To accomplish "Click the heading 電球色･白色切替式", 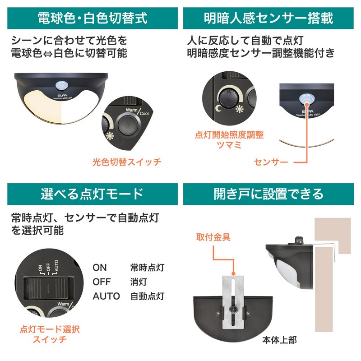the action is (x=93, y=18).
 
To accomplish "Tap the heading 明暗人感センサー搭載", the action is (x=268, y=18).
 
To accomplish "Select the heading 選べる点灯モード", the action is (x=93, y=194).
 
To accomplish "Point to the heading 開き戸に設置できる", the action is (x=268, y=194).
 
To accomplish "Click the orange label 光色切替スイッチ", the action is (x=127, y=162).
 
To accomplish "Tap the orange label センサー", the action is (x=271, y=162).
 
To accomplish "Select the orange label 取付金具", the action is (x=213, y=237).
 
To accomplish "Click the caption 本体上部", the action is (x=279, y=340).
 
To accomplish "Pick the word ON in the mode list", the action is (x=99, y=268).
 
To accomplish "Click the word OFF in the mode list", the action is (x=102, y=282).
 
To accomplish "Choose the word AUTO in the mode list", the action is (x=106, y=296).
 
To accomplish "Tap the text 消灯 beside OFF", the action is (x=139, y=282).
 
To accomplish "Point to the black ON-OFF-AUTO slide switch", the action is (x=49, y=288).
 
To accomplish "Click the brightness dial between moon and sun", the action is (x=228, y=98).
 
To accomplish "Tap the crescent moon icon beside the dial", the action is (x=218, y=108).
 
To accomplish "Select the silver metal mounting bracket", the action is (x=233, y=302).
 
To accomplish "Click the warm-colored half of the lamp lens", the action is (x=43, y=106).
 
